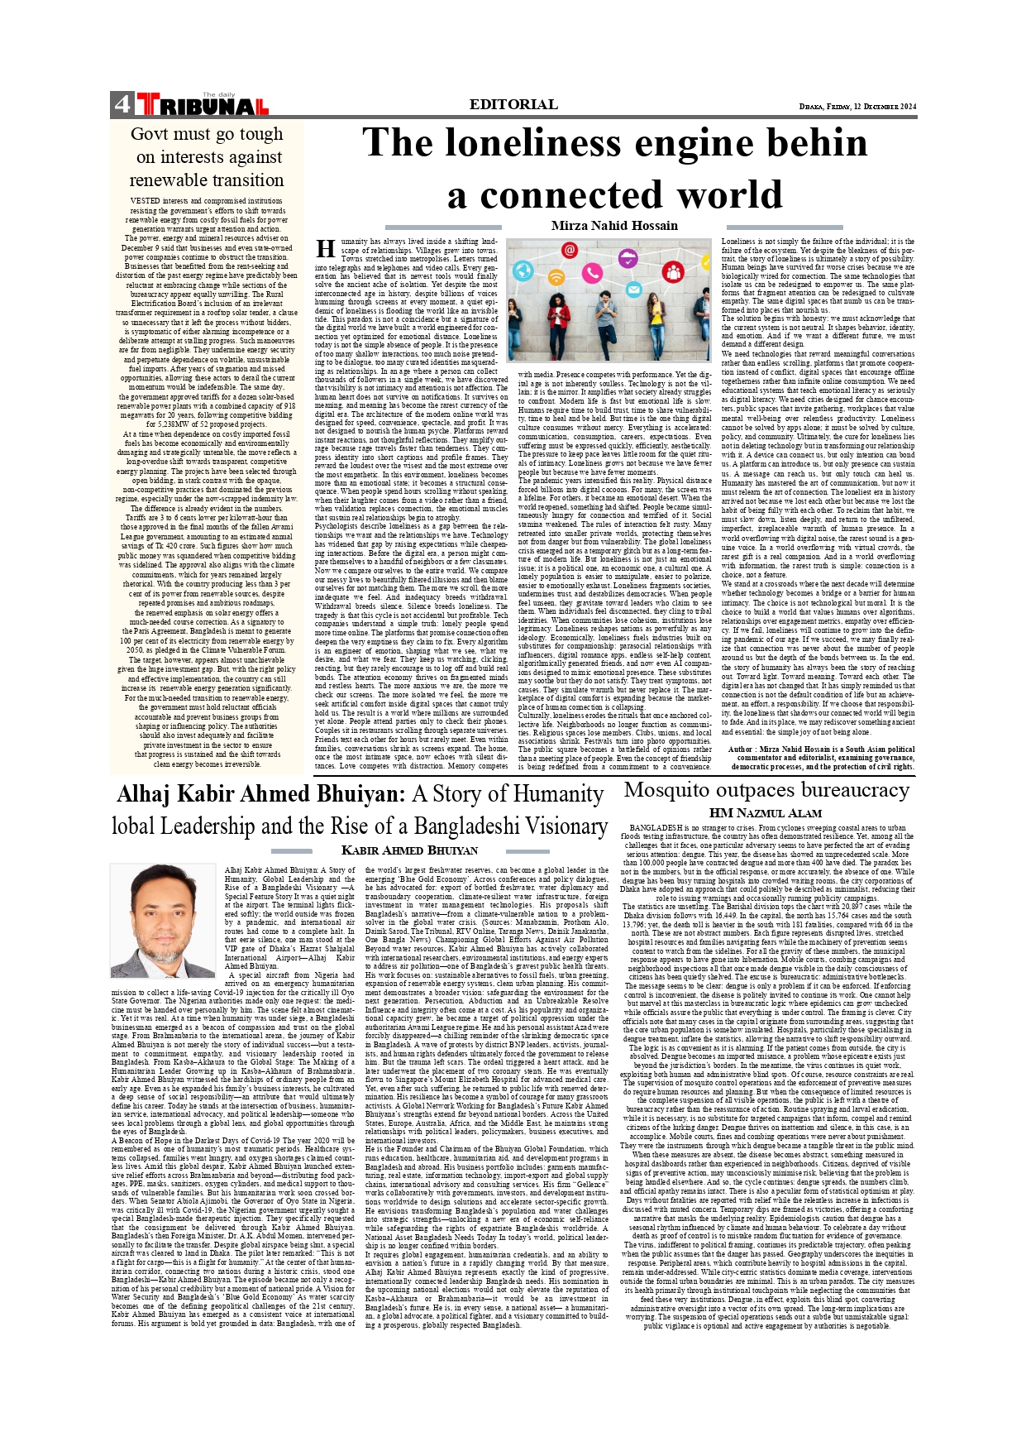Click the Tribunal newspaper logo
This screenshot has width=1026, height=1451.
click(203, 105)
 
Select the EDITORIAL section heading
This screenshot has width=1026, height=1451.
click(513, 104)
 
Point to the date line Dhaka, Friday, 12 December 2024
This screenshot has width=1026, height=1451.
click(857, 107)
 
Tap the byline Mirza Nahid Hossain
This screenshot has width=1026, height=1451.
click(614, 226)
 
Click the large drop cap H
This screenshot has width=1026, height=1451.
click(326, 250)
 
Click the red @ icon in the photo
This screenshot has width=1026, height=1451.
click(569, 250)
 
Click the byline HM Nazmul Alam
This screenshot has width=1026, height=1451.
click(766, 813)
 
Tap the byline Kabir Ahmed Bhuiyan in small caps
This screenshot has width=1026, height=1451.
click(409, 850)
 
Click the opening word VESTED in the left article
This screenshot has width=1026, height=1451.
click(146, 201)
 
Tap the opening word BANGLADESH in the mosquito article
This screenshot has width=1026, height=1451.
click(659, 828)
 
